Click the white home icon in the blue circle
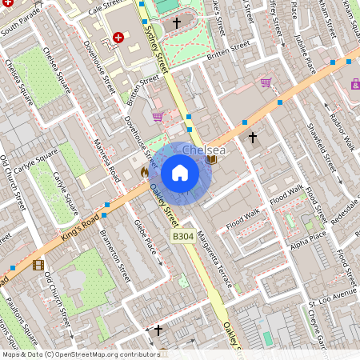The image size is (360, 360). pos(180,173)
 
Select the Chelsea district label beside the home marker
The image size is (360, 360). pos(203,150)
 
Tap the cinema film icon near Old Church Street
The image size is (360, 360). pos(38,265)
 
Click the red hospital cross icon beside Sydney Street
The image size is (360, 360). pos(118,37)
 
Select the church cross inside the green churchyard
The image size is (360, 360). pos(177,23)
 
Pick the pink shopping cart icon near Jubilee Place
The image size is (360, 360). pos(266,82)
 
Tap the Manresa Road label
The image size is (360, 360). pos(105,158)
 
